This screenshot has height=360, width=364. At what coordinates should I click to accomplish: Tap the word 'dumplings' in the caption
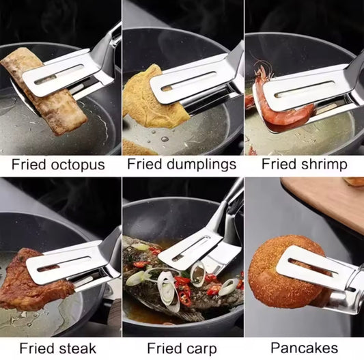pyautogui.click(x=203, y=165)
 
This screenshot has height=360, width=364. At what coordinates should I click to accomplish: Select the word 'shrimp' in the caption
pyautogui.click(x=324, y=165)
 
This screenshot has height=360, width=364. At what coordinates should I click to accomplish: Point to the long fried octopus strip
pyautogui.click(x=58, y=106)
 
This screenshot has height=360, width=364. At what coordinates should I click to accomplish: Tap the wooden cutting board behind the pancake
pyautogui.click(x=321, y=202)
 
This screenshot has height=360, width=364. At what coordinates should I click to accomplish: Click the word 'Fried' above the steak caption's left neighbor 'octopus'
pyautogui.click(x=27, y=165)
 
